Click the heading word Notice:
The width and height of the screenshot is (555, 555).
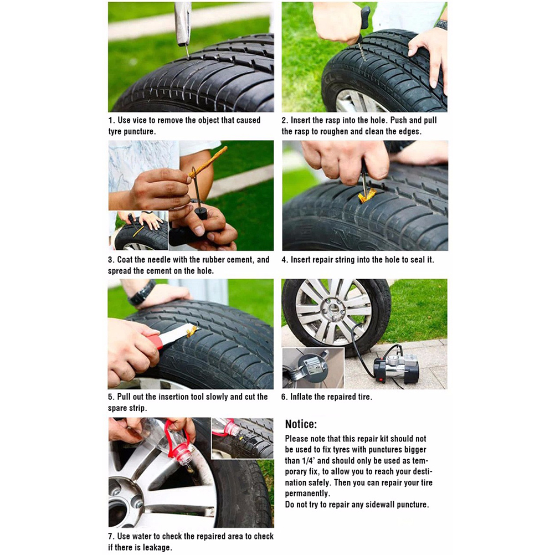coord(301,424)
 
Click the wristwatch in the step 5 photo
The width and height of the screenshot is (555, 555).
coord(142,292)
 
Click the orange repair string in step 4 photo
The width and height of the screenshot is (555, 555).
coord(367,196)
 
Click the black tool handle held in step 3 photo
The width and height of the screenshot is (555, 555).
coord(201,213)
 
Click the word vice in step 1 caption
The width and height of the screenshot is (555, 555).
coord(138,120)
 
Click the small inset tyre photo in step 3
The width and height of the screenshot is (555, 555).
coord(138,230)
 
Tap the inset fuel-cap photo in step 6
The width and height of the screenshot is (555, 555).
coord(313,368)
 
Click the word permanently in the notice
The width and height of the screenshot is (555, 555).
coord(307,494)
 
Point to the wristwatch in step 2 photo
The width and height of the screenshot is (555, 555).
coord(441,25)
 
